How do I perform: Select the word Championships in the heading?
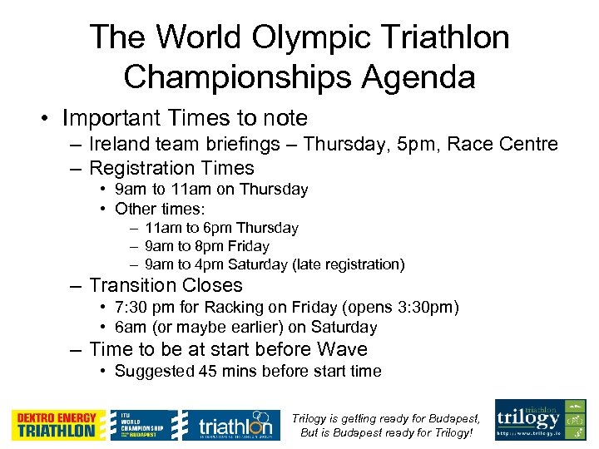234,78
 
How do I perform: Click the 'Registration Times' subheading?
171,168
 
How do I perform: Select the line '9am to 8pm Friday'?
206,246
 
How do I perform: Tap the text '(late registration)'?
349,264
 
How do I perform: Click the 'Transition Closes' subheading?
166,286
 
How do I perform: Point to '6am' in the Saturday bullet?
130,328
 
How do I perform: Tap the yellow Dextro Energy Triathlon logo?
58,424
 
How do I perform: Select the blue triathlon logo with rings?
228,424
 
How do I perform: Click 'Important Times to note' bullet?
185,118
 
